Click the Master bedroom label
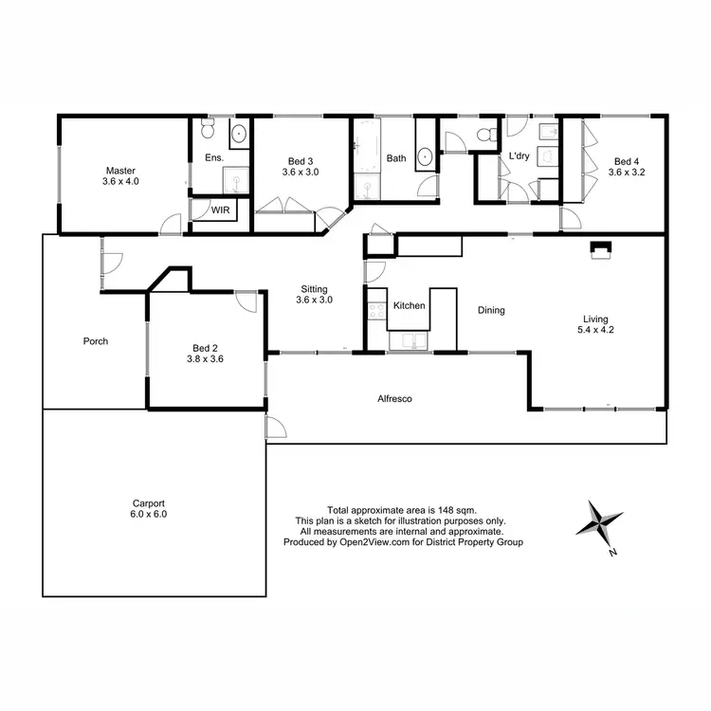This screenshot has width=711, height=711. click(121, 171)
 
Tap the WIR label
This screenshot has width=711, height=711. click(220, 209)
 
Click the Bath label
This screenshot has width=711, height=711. click(395, 158)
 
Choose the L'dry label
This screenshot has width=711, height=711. click(519, 155)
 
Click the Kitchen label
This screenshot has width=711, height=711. click(410, 306)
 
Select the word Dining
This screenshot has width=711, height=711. click(491, 310)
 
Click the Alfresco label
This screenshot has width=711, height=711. click(394, 399)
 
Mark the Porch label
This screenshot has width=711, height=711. click(96, 341)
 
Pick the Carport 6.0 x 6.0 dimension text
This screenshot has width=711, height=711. click(148, 514)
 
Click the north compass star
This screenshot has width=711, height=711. click(602, 522)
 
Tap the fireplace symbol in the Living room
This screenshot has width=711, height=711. click(600, 249)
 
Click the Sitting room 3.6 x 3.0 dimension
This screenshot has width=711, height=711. click(315, 301)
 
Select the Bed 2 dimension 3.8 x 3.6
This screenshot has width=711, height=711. click(204, 359)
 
